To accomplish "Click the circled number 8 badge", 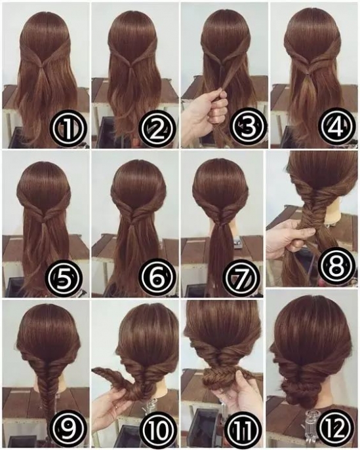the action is point(336,265).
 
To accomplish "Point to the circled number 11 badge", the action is point(244,429).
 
